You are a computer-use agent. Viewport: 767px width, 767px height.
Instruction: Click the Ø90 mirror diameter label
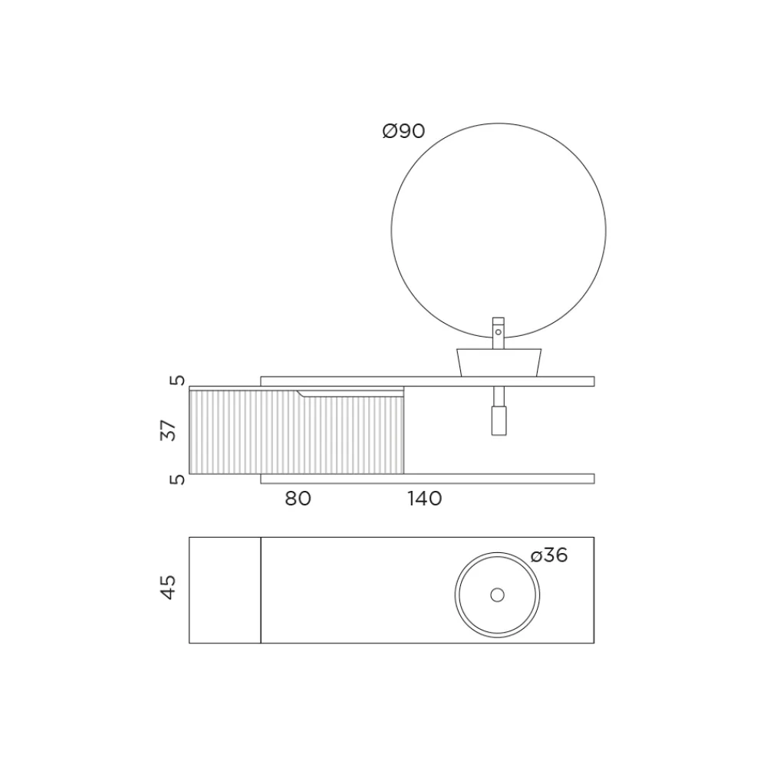[403, 131]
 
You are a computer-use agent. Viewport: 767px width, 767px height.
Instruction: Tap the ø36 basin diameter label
[549, 555]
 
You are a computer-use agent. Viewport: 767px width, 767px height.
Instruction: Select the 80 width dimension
[298, 499]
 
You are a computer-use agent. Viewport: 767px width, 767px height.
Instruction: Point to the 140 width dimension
[425, 499]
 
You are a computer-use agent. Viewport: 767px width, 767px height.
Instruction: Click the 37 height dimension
[168, 430]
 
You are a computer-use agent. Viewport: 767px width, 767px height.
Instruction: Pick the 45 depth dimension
[168, 587]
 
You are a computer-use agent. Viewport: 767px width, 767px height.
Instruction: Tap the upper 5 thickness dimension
[178, 380]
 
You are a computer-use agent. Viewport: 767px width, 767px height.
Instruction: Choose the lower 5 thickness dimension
[178, 479]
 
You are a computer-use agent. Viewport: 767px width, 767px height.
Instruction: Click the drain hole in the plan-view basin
[498, 595]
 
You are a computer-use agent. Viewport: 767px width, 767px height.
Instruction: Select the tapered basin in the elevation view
[499, 363]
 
